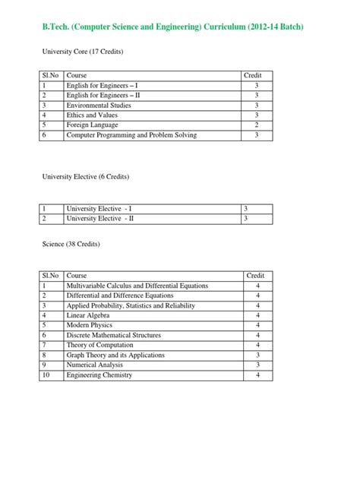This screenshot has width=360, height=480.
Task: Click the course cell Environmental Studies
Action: click(x=99, y=105)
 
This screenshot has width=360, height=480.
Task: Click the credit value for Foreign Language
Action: click(x=257, y=125)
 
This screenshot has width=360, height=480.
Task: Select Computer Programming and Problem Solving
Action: click(x=131, y=134)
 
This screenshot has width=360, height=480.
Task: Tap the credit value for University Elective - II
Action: click(x=245, y=218)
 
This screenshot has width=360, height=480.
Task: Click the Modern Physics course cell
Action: click(x=90, y=324)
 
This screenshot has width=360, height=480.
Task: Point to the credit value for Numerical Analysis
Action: click(x=258, y=365)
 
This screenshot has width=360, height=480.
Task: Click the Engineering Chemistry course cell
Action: click(x=99, y=374)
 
